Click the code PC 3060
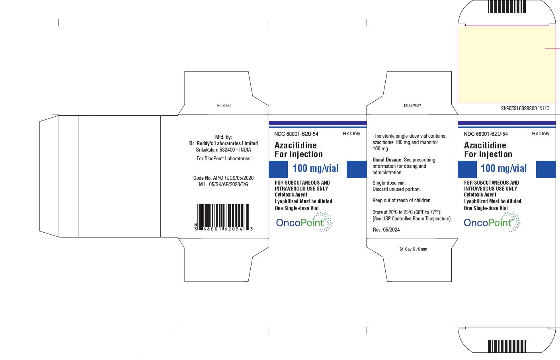click(x=224, y=105)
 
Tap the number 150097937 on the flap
click(x=412, y=105)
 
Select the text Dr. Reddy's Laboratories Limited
click(x=224, y=143)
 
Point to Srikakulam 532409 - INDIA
click(x=224, y=150)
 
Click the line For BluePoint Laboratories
click(x=224, y=159)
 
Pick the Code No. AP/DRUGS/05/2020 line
click(x=224, y=178)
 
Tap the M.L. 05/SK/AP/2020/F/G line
click(x=224, y=184)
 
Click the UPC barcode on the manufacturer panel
click(x=224, y=217)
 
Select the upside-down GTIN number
click(x=525, y=108)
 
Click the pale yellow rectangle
click(x=507, y=65)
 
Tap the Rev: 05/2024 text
click(x=386, y=230)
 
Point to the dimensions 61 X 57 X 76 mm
click(x=413, y=249)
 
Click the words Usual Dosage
click(x=387, y=160)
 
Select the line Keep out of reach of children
click(x=402, y=200)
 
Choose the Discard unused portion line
click(x=397, y=189)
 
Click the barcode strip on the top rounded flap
click(x=507, y=7)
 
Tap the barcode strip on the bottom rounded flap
click(x=507, y=346)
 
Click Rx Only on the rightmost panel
click(x=540, y=134)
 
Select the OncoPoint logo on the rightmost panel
click(x=492, y=222)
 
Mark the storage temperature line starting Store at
click(x=407, y=212)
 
